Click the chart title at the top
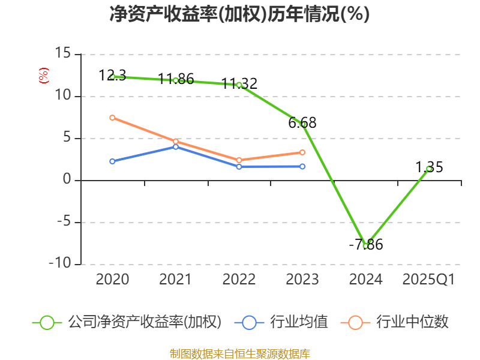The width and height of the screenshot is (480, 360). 239,14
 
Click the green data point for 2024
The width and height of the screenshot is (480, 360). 365,246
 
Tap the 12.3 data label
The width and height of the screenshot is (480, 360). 112,75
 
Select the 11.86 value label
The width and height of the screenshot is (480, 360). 176,79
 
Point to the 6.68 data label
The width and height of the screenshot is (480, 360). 302,123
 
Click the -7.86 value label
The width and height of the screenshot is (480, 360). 366,245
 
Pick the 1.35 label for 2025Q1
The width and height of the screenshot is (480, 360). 430,167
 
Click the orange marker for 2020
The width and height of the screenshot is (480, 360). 112,118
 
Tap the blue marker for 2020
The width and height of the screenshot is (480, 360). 112,161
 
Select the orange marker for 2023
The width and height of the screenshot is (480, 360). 302,152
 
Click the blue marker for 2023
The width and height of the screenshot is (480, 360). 302,166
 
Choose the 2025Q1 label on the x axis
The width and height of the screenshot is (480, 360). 429,280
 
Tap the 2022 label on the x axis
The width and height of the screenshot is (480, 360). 239,280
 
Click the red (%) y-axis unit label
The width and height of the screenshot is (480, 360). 43,76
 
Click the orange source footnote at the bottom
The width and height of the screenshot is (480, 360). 239,353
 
